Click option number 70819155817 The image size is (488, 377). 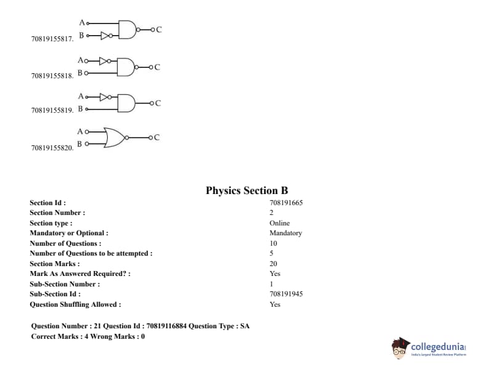click(x=52, y=39)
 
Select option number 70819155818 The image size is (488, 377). click(x=52, y=76)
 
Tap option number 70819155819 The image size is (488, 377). click(x=52, y=110)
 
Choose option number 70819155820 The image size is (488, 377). click(x=52, y=148)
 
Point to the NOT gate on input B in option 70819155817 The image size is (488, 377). click(x=106, y=35)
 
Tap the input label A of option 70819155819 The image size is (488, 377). click(x=81, y=96)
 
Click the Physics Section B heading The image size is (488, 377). click(x=246, y=191)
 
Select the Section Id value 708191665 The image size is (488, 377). click(x=286, y=203)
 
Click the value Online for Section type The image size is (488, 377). click(x=279, y=223)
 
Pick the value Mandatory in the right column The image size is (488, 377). click(x=285, y=233)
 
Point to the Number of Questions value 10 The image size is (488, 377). click(x=273, y=243)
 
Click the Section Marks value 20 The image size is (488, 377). click(x=273, y=264)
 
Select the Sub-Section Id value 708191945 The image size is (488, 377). click(x=286, y=294)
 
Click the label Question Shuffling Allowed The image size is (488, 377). click(x=75, y=304)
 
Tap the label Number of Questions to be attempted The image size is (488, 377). click(x=91, y=253)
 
